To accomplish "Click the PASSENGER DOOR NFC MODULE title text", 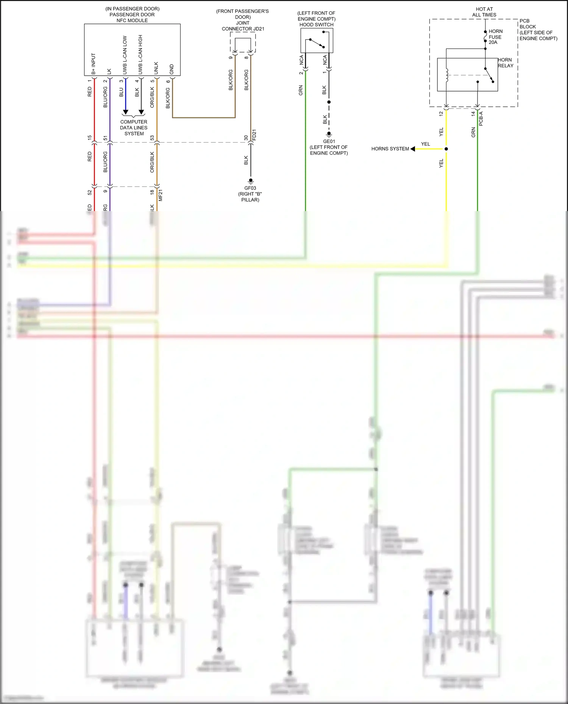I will point(132,15).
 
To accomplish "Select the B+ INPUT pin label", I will point(94,64).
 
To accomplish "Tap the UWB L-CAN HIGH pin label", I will point(140,55).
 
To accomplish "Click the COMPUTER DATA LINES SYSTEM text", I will point(134,128).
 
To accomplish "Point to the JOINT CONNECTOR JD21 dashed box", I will point(243,42).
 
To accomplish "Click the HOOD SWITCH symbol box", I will point(317,40).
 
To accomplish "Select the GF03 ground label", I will point(250,188).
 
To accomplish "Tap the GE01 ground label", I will point(329,141).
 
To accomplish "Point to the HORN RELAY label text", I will point(506,63).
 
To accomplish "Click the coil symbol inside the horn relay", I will point(447,75).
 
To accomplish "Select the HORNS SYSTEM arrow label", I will point(390,149).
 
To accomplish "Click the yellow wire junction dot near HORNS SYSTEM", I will point(446,149).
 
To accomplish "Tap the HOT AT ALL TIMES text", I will point(484,12).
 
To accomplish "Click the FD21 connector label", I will point(254,135).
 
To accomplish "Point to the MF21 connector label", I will point(160,195).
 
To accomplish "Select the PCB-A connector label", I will point(481,119).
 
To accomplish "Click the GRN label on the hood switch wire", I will point(301,90).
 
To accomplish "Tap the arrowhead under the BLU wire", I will point(125,112).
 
